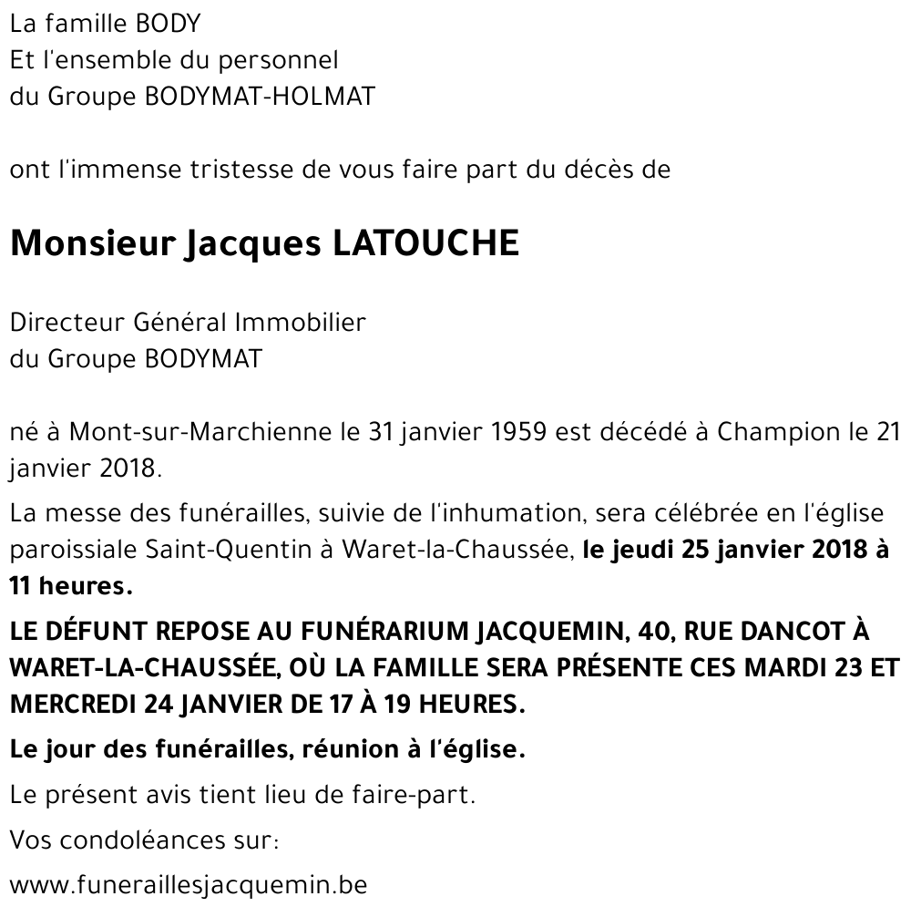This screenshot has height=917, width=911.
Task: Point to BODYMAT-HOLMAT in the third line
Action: pyautogui.click(x=260, y=97)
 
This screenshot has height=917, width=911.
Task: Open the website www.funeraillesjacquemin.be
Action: pyautogui.click(x=189, y=884)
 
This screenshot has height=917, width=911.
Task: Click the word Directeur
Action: pyautogui.click(x=67, y=323)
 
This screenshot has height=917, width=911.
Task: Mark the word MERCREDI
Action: pyautogui.click(x=72, y=705)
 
